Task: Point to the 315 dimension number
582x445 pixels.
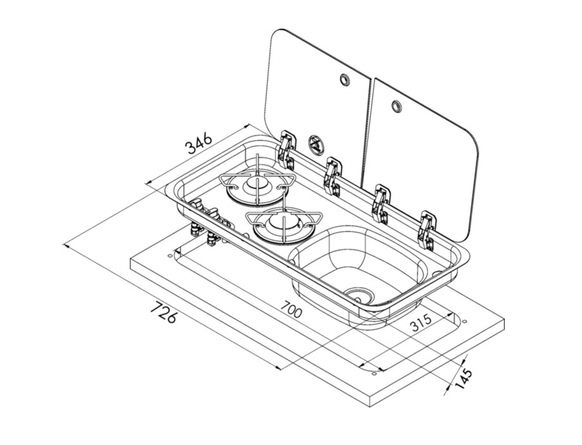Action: click(421, 323)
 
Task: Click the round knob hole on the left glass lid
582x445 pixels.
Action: click(344, 79)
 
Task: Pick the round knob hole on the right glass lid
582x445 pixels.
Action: click(396, 105)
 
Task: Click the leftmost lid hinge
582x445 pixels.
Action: click(286, 150)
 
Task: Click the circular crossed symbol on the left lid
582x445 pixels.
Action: click(315, 144)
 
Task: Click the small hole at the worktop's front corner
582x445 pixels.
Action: click(374, 373)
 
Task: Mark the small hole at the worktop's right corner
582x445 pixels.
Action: click(464, 321)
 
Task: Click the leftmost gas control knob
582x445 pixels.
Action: click(196, 204)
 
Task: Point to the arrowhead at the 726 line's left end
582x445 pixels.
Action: click(67, 246)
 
